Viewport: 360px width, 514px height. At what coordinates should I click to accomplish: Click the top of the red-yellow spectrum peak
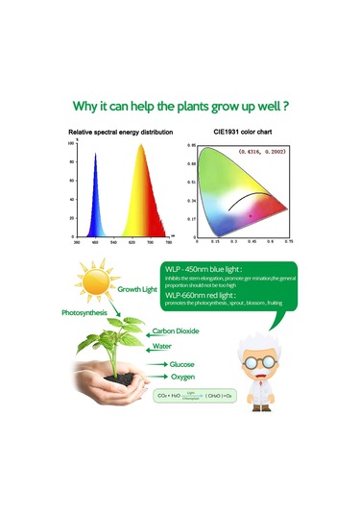[x=140, y=148]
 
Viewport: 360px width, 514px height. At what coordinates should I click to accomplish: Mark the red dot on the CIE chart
[x=250, y=217]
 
